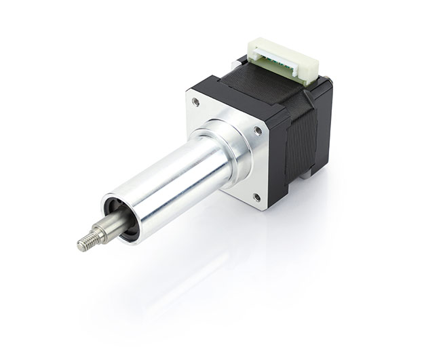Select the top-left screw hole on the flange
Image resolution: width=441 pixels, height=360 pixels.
pyautogui.click(x=195, y=102)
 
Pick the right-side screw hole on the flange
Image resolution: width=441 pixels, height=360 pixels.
pyautogui.click(x=257, y=132)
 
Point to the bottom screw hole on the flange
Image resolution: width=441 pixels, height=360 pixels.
pyautogui.click(x=256, y=198)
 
